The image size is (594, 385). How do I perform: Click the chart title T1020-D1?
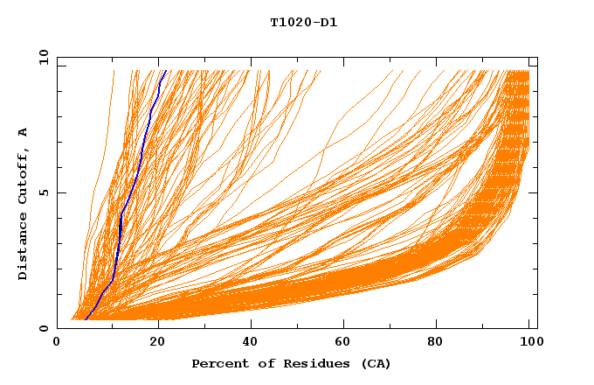click(303, 23)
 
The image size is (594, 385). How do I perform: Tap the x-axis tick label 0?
click(57, 344)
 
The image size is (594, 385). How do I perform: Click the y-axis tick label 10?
click(42, 57)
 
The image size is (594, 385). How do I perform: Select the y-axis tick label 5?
click(45, 192)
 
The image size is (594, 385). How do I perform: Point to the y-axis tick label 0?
click(45, 328)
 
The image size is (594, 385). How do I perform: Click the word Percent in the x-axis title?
click(218, 363)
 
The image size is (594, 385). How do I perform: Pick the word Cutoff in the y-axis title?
click(24, 175)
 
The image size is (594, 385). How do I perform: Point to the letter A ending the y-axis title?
click(24, 132)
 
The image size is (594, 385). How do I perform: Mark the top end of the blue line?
click(165, 71)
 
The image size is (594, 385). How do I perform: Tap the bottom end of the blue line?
click(86, 319)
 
